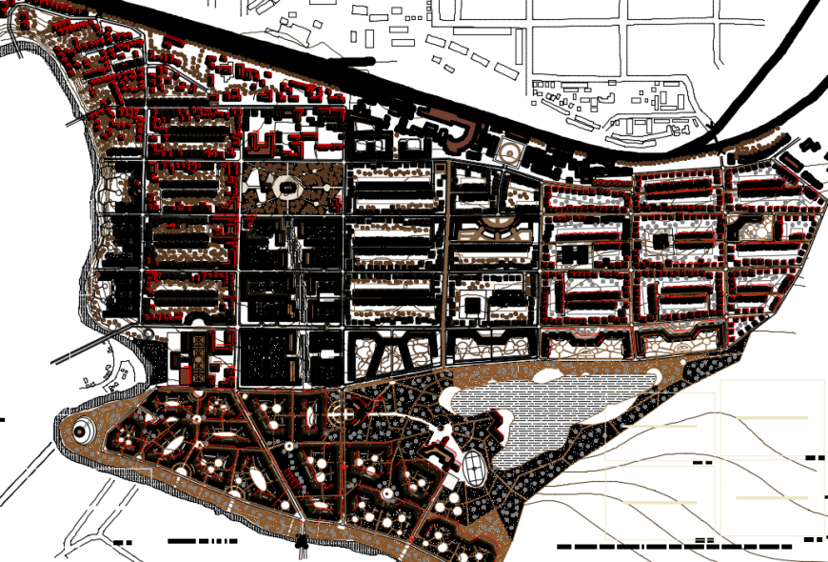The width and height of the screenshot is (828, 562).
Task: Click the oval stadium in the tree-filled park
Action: point(286,188)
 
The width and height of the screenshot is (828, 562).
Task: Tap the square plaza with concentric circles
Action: point(510,152)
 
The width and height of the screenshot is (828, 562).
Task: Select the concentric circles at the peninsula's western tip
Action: point(81,431)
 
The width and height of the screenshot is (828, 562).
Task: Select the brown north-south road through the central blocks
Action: point(445,267)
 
